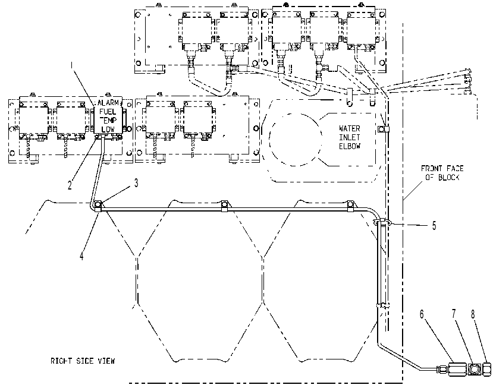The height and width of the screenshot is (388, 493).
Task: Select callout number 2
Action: click(x=70, y=185)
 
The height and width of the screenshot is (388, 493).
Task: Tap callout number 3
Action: click(x=136, y=183)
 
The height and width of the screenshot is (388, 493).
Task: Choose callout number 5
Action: click(x=434, y=226)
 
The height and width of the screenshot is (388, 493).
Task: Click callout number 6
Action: click(x=422, y=314)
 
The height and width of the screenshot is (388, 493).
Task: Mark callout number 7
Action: click(x=454, y=314)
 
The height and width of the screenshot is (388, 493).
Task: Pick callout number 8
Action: click(x=473, y=314)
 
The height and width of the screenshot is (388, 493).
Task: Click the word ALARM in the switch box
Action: click(x=108, y=103)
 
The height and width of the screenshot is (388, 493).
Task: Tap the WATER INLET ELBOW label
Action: click(x=350, y=137)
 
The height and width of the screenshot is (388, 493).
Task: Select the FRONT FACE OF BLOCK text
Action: click(x=442, y=173)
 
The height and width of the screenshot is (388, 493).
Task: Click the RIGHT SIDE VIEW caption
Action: click(x=83, y=361)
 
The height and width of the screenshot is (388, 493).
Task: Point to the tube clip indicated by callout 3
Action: click(x=98, y=206)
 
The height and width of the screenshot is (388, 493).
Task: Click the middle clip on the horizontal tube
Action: click(x=224, y=205)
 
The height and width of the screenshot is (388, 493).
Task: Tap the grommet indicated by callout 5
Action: click(x=382, y=222)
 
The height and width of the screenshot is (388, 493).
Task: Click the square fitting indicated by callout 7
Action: click(x=473, y=369)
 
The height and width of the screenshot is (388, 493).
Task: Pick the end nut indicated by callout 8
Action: click(x=486, y=369)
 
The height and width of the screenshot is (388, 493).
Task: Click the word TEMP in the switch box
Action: click(x=108, y=120)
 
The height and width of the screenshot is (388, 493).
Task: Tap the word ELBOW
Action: click(x=350, y=146)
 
